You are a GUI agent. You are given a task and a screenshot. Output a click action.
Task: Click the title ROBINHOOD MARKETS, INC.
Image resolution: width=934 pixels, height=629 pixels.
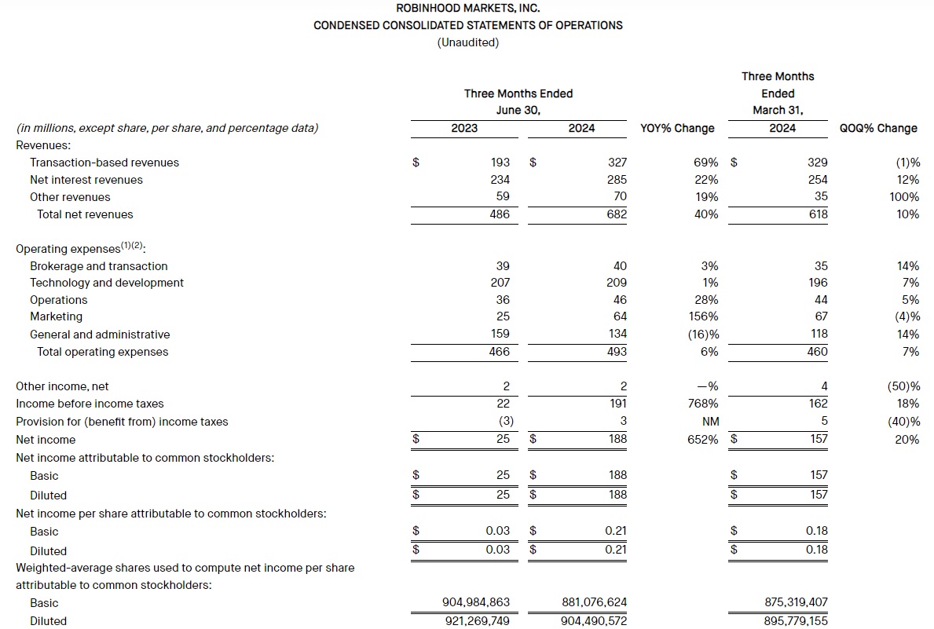(x=467, y=8)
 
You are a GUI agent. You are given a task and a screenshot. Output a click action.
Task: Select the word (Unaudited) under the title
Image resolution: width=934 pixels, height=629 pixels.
(x=467, y=42)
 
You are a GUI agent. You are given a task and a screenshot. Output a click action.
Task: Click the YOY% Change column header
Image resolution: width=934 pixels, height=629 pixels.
(x=677, y=128)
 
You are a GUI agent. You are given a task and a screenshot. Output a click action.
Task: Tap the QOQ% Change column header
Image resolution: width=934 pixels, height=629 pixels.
(x=878, y=128)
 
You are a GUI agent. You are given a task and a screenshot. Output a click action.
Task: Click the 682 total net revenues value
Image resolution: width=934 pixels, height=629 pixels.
(x=617, y=214)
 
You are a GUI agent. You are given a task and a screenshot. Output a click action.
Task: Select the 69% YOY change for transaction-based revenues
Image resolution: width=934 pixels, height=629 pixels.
(x=705, y=163)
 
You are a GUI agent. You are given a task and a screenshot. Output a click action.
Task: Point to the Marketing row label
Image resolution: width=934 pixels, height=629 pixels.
(x=56, y=316)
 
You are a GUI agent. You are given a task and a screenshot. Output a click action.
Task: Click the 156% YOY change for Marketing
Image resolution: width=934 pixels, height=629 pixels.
(x=702, y=316)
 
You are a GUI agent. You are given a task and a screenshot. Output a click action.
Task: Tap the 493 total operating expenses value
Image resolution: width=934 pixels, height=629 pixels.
(x=617, y=352)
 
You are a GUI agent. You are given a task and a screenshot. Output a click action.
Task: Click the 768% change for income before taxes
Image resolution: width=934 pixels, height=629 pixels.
(x=702, y=404)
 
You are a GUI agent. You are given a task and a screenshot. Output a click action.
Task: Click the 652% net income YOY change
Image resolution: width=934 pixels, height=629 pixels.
(x=702, y=440)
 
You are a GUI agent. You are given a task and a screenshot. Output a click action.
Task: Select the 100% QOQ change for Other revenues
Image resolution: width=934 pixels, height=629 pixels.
(x=904, y=197)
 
